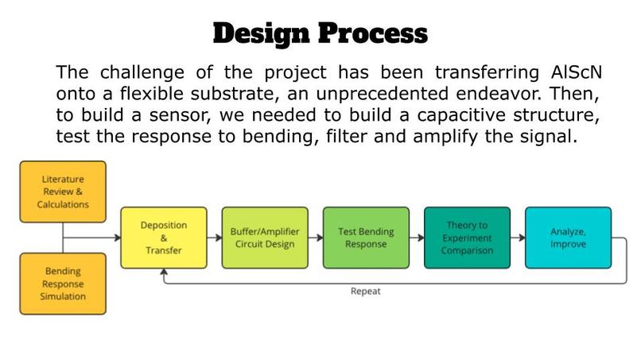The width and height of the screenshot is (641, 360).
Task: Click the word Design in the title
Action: [x=261, y=34]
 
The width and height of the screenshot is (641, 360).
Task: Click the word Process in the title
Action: [x=373, y=33]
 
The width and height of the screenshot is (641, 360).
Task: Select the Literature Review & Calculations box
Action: [x=63, y=192]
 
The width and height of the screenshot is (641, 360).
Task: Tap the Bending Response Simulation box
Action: [x=63, y=284]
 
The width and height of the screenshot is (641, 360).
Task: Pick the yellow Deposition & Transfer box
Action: [x=164, y=238]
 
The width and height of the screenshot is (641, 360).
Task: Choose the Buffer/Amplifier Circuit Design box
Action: [x=265, y=238]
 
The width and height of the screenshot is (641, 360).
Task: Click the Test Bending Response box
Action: [x=366, y=238]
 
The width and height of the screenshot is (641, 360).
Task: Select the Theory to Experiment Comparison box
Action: [x=468, y=238]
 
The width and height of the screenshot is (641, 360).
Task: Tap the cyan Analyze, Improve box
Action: [x=569, y=238]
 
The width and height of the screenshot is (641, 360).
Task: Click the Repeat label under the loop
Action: [x=366, y=292]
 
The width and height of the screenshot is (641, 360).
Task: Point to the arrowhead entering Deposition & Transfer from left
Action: [x=118, y=238]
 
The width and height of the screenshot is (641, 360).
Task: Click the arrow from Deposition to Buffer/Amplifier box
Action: [x=215, y=238]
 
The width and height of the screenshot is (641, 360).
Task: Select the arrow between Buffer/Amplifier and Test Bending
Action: [x=316, y=238]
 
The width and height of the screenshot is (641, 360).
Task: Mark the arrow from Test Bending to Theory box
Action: [x=417, y=238]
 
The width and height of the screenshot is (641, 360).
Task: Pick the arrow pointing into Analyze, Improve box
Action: [x=518, y=238]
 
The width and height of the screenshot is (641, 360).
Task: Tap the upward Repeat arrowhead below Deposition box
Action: [x=164, y=272]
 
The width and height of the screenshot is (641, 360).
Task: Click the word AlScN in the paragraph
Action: [x=577, y=72]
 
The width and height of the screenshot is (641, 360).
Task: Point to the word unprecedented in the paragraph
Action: [x=383, y=94]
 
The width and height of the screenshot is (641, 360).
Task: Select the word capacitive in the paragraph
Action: [x=461, y=115]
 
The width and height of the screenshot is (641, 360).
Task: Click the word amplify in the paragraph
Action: [x=445, y=137]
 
